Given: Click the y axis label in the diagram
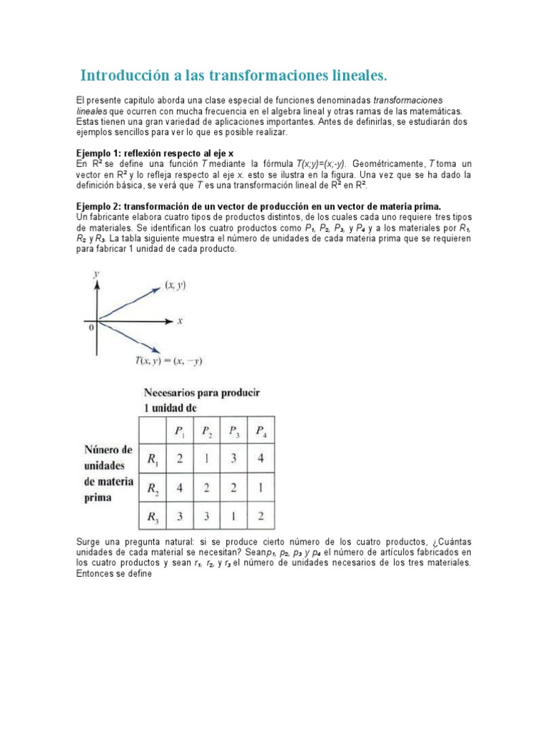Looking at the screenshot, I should [x=96, y=273].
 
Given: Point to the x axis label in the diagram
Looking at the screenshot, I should [x=181, y=321].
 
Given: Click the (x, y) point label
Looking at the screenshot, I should [x=176, y=285].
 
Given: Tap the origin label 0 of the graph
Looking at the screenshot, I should [x=91, y=327].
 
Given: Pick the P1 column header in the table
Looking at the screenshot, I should [x=178, y=430].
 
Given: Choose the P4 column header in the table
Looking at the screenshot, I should [x=262, y=430].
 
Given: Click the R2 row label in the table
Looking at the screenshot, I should [x=152, y=489].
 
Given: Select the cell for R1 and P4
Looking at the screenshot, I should [x=261, y=459].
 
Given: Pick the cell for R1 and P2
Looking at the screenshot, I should [x=206, y=459].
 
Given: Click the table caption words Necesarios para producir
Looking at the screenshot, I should [x=202, y=393].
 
